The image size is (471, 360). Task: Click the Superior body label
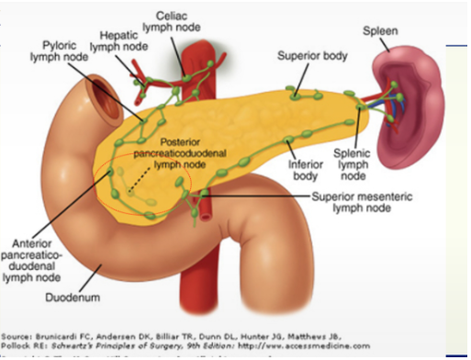pos(313,57)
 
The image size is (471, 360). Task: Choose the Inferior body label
pos(303,168)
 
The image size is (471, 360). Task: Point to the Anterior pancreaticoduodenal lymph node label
pos(32,259)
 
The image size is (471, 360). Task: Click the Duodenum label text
pos(71,297)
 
